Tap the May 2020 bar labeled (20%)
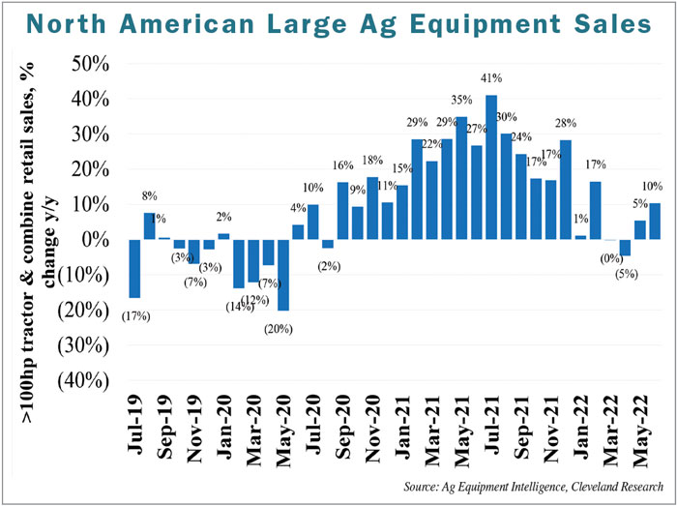(x=283, y=275)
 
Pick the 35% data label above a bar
(x=461, y=99)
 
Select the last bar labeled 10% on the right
(x=655, y=222)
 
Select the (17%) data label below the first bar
(x=134, y=314)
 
